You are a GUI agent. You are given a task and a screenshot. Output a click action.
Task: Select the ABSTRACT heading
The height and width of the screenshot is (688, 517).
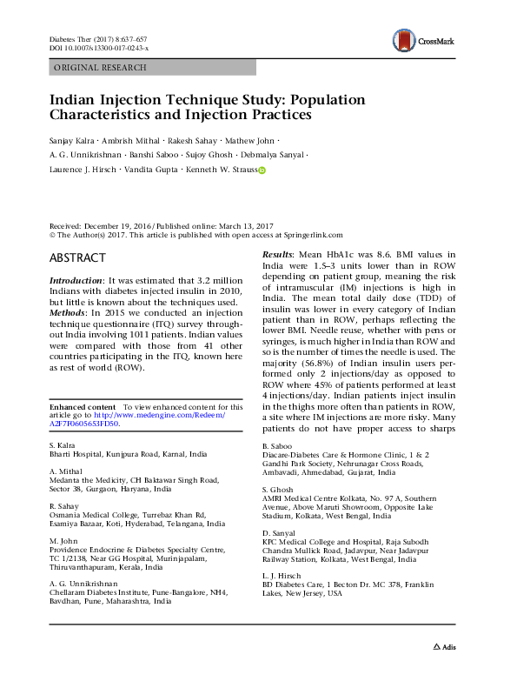[77, 258]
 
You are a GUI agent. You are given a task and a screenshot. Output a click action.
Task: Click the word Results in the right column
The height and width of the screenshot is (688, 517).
[279, 255]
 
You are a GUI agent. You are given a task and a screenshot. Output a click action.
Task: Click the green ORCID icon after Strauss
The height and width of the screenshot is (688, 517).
[262, 171]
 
